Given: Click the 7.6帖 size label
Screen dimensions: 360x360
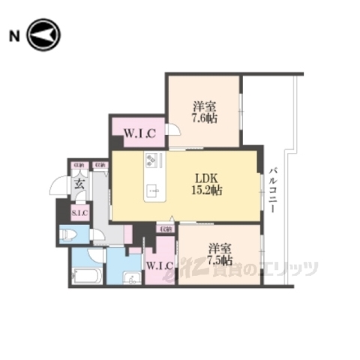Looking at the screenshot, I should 204,118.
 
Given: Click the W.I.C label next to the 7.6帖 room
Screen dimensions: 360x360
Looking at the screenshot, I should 139,135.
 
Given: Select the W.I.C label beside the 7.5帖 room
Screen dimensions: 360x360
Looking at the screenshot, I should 160,265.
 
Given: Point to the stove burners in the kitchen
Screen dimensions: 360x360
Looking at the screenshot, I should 151,160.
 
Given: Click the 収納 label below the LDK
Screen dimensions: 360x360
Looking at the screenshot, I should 164,226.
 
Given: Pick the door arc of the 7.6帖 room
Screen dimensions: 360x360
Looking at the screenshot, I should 172,130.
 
